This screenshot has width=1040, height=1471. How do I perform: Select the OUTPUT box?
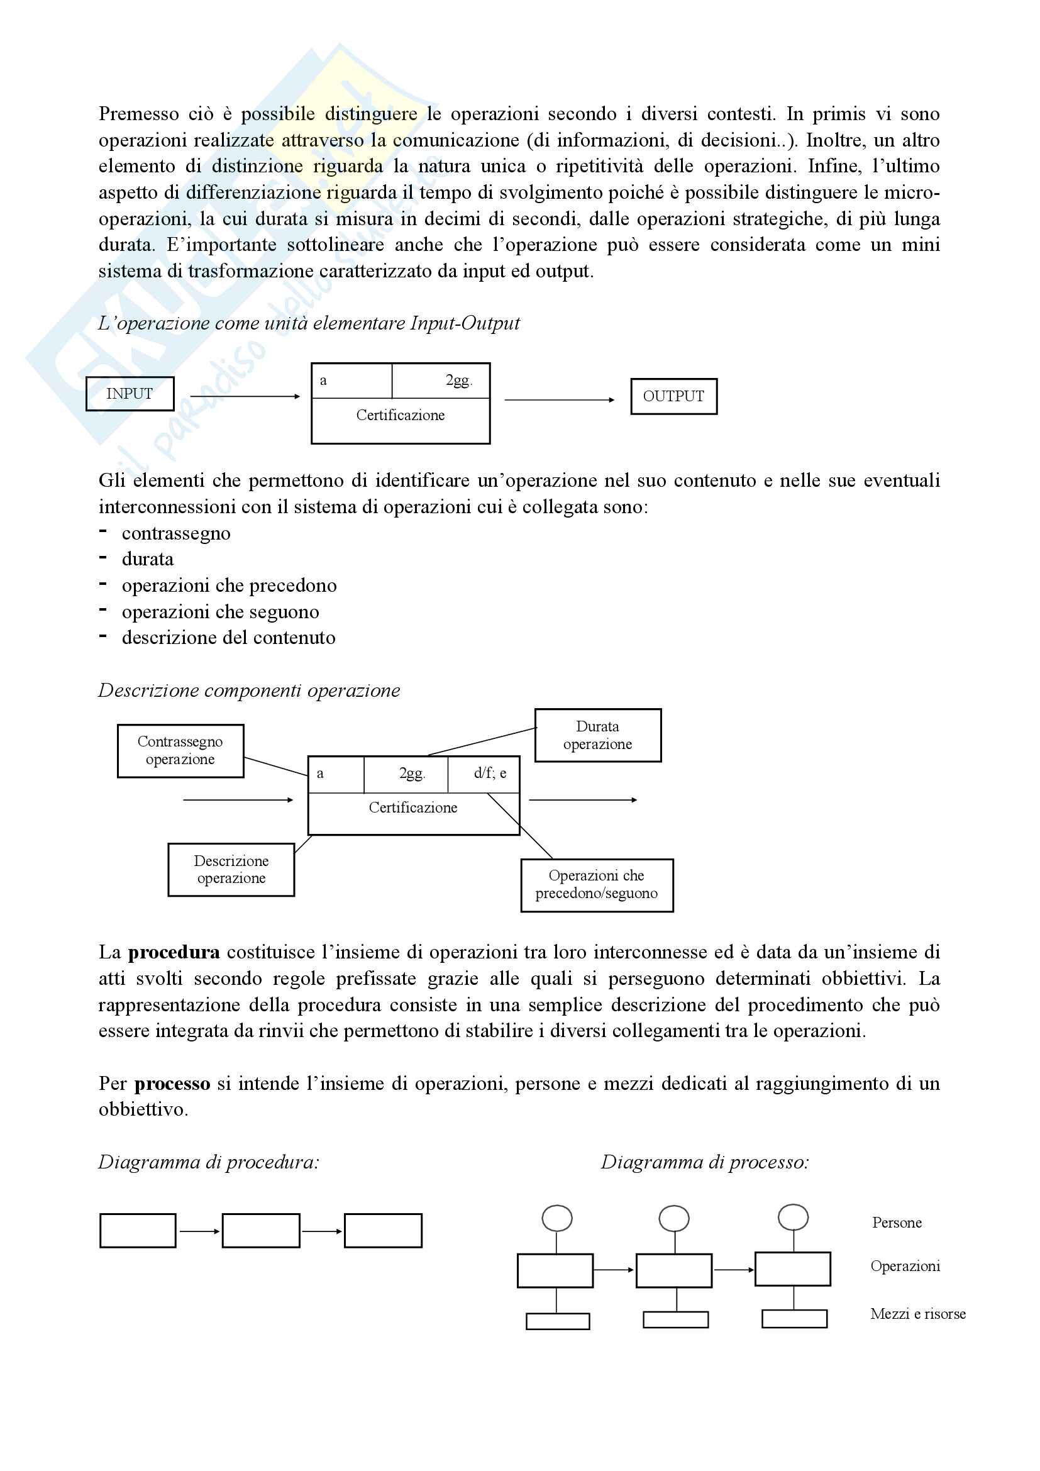(x=673, y=397)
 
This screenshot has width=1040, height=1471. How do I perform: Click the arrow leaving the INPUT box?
(x=245, y=397)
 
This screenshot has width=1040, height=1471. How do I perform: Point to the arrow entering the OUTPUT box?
(x=559, y=400)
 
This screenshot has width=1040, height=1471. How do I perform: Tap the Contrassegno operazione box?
(x=180, y=751)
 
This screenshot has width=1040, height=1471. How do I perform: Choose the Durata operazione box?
(x=597, y=736)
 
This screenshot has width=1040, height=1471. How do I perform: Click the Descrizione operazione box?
(x=231, y=869)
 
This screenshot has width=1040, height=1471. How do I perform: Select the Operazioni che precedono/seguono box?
(x=596, y=885)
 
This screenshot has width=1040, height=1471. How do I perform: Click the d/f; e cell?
(x=490, y=774)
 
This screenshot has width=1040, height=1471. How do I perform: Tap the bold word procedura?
(x=174, y=953)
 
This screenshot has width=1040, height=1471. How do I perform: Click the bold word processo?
(x=172, y=1084)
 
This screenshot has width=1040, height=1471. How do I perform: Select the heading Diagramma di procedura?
(x=208, y=1163)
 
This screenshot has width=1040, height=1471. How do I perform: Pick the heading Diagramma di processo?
(x=704, y=1163)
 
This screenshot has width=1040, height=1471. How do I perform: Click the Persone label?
(x=897, y=1223)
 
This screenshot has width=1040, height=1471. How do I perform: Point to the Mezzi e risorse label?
(x=917, y=1314)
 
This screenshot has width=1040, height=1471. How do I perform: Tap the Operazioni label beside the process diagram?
(x=905, y=1267)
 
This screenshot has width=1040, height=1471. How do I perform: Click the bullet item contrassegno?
(x=176, y=534)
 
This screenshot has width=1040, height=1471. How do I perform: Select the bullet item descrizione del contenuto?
(x=229, y=638)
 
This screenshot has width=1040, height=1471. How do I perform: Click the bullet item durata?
(x=147, y=560)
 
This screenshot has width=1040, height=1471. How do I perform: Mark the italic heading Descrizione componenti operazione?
(x=249, y=691)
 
